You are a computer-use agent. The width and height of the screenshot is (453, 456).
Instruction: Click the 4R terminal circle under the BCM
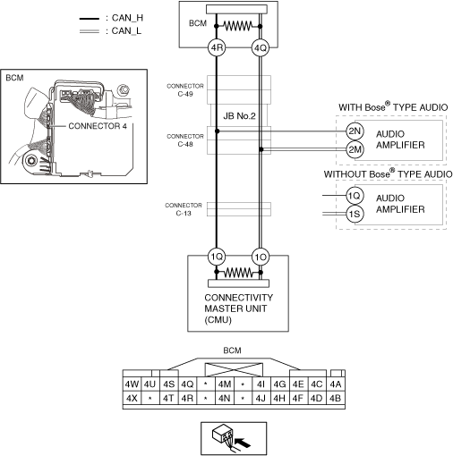pos(217,47)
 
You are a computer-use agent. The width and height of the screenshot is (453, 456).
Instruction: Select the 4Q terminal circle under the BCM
pos(261,47)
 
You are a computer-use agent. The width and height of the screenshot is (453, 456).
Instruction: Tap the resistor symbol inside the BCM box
pos(238,26)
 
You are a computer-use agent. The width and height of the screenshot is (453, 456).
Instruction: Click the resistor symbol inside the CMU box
pos(239,272)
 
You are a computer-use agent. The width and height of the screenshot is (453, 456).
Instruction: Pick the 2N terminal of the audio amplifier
pos(355,131)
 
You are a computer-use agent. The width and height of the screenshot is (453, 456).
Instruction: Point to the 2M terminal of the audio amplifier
pos(355,149)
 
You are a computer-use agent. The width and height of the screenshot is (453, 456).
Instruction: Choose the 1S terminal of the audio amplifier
pos(355,214)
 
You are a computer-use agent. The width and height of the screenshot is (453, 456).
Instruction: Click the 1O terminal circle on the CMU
pos(261,257)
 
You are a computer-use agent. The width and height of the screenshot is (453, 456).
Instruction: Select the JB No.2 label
pos(239,116)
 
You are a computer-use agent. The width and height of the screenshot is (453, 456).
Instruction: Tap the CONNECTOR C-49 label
pos(185,89)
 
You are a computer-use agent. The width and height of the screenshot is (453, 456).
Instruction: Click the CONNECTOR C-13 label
pos(184,209)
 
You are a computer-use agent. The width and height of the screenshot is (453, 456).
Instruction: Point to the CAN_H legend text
pos(127,18)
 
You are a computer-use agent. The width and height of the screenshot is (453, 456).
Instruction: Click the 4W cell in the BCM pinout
pos(132,384)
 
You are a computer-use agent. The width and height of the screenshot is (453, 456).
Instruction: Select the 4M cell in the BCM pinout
pos(225,384)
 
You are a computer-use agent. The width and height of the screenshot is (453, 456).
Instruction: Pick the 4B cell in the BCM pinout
pos(336,398)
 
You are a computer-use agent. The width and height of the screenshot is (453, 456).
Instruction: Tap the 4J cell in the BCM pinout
pos(261,398)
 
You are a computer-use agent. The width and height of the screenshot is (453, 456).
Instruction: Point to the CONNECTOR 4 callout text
pos(98,126)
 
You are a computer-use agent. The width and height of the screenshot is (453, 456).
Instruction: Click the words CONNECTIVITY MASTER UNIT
pos(238,303)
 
